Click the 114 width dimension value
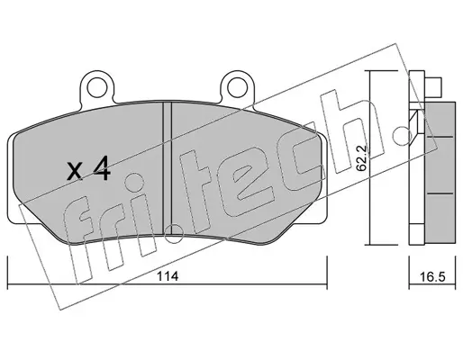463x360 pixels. click(x=168, y=276)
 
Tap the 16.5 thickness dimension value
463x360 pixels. click(x=432, y=277)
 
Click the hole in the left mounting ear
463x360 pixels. click(x=97, y=87)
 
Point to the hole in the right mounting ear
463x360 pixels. click(x=238, y=87)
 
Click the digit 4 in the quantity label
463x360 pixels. click(x=101, y=169)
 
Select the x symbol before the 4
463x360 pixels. click(x=75, y=172)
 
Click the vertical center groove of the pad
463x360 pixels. click(x=167, y=168)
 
